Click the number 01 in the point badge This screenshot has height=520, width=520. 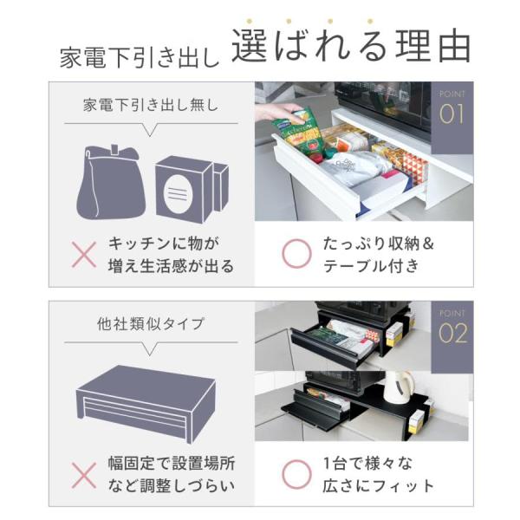coord(452,114)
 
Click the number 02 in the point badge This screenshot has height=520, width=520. coord(452,333)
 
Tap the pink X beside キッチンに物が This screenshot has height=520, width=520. coord(84,254)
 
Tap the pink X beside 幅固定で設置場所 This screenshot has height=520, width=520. coord(84,475)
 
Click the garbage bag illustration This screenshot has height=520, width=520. coord(111,182)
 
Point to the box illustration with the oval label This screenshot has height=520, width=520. coord(192,189)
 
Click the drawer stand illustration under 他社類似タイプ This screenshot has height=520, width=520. coord(146,404)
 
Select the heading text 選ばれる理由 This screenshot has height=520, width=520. coord(351,46)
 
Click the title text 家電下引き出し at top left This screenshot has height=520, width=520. coord(140,58)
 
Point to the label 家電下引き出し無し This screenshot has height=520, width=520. coord(151,105)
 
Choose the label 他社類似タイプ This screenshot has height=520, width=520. coord(151,324)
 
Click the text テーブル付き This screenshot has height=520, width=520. coord(372,266)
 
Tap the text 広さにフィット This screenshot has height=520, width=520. coord(378,486)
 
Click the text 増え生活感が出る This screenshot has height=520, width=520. coord(171,266)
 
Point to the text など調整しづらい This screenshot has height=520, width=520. coord(171,486)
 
